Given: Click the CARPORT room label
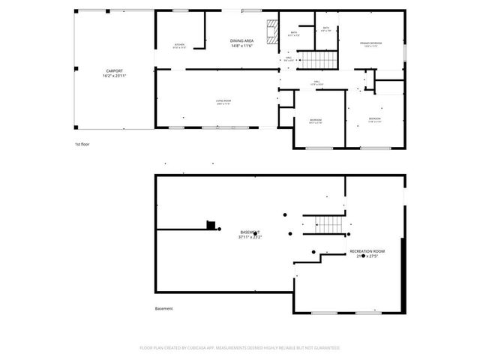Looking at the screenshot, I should pos(113,71).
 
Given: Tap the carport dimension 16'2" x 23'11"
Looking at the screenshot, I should pos(113,76).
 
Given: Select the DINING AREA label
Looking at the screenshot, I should pos(241,41).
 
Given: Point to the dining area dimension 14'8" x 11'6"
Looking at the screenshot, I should pos(241,46).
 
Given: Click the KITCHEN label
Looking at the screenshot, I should pos(180,45).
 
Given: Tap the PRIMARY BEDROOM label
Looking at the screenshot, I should pos(370,43).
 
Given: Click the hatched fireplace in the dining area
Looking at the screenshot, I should pos(274,32).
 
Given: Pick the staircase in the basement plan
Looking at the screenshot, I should pos(328,223).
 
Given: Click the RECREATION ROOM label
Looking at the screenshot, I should pos(367,250).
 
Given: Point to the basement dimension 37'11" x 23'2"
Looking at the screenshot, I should pos(250,238).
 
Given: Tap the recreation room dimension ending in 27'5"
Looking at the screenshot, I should pos(367,256).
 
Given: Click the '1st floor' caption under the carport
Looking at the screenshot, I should pos(82,143).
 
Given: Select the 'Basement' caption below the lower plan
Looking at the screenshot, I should pos(163,308).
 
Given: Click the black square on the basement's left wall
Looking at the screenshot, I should pos(211,224).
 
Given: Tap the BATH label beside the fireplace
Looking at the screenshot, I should pos(294,33).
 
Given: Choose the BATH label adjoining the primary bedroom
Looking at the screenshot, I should pos(326,28).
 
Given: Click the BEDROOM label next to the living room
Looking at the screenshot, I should pos(316,120).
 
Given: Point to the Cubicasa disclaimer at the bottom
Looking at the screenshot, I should pos(240,348).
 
